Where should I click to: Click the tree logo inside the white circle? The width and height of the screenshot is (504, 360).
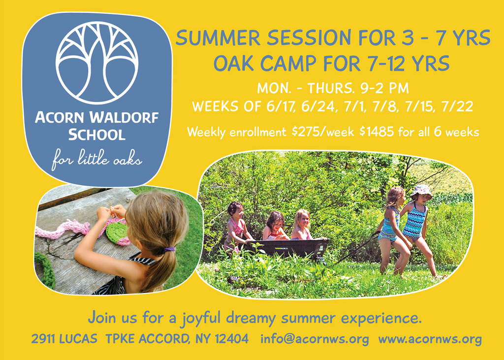pyautogui.click(x=97, y=63)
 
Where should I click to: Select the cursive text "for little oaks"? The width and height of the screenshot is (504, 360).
pyautogui.click(x=97, y=159)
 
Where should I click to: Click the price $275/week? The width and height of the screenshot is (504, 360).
pyautogui.click(x=323, y=131)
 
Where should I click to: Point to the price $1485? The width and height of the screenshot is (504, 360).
pyautogui.click(x=377, y=131)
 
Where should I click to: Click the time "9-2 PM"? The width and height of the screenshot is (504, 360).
pyautogui.click(x=384, y=88)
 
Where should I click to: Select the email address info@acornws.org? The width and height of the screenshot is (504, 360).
pyautogui.click(x=315, y=339)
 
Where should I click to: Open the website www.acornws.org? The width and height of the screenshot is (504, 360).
pyautogui.click(x=430, y=339)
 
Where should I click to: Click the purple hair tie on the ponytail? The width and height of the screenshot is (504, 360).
pyautogui.click(x=169, y=249)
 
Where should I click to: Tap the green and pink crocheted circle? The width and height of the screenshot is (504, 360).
pyautogui.click(x=118, y=232)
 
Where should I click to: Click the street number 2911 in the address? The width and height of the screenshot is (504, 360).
pyautogui.click(x=42, y=339)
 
